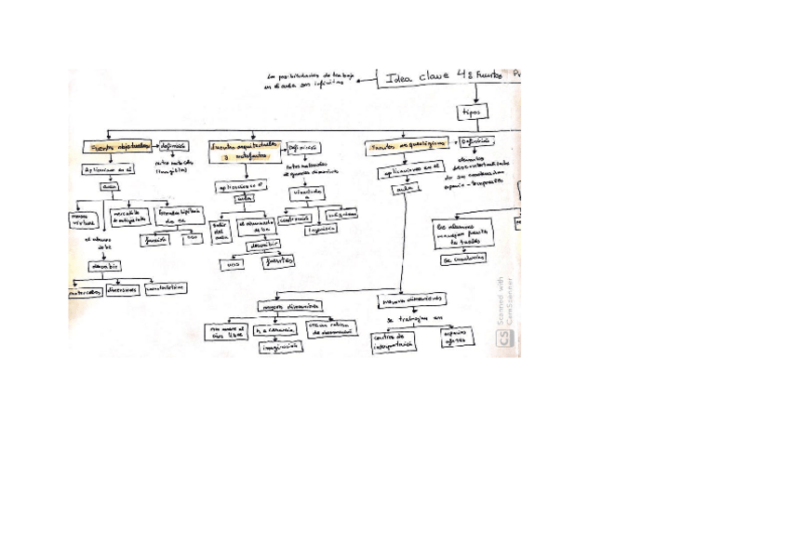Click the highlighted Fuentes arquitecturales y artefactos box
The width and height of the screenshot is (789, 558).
click(244, 151)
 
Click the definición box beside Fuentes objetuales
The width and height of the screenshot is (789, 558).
click(173, 146)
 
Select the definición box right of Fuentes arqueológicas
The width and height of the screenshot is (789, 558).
click(475, 141)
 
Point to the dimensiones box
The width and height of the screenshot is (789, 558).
click(122, 289)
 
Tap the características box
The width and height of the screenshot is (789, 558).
click(166, 287)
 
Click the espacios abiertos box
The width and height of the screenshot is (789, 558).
click(454, 336)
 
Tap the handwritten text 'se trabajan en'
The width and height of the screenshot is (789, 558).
click(410, 318)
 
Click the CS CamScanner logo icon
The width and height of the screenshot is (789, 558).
click(504, 341)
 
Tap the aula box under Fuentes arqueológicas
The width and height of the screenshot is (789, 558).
click(403, 189)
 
